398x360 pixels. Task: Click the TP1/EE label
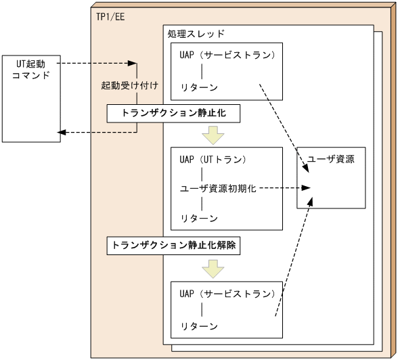[110, 15]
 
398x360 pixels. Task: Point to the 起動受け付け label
[129, 87]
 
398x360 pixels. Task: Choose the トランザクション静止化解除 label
[175, 246]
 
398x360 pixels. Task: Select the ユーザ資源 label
[331, 160]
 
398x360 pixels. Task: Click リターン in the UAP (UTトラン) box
[199, 218]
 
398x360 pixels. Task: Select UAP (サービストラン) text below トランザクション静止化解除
[227, 294]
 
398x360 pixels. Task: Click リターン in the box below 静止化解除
[199, 325]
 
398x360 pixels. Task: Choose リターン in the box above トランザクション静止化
[199, 86]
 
